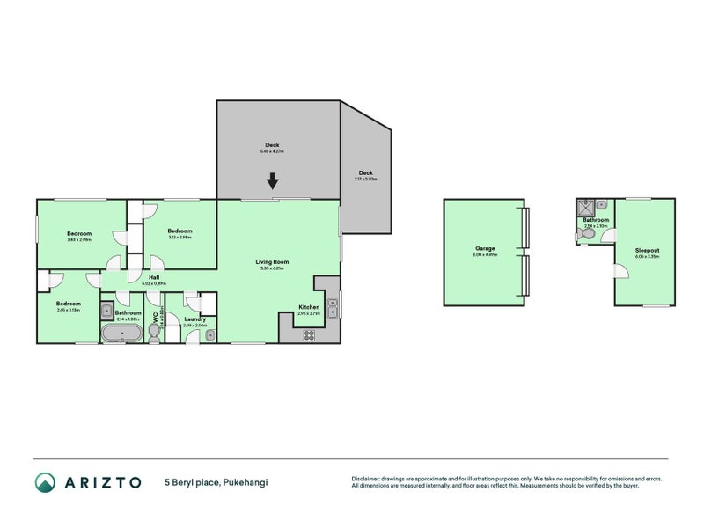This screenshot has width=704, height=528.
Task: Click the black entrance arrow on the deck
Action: tap(273, 180)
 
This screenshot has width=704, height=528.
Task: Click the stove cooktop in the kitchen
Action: tap(309, 334)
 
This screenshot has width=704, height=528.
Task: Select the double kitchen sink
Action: tap(332, 308)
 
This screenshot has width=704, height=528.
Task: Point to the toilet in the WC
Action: tap(153, 332)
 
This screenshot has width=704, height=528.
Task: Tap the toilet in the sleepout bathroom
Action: tap(589, 234)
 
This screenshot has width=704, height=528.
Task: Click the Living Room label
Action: tap(273, 261)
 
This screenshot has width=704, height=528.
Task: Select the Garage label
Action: tap(484, 249)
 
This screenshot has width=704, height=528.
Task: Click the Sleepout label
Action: tap(648, 250)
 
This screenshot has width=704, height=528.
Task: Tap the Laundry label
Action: tap(194, 319)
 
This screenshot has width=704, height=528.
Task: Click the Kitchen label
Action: tap(308, 307)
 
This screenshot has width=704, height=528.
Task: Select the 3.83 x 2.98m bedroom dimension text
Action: tap(79, 239)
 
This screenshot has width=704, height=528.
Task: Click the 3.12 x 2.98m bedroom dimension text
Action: tap(180, 237)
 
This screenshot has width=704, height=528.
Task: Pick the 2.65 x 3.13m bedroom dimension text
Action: tap(68, 310)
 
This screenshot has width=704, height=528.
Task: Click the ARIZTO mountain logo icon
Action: tap(45, 482)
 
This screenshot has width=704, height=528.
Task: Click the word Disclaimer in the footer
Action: tap(368, 479)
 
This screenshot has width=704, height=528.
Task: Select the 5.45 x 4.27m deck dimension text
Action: tap(272, 152)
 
